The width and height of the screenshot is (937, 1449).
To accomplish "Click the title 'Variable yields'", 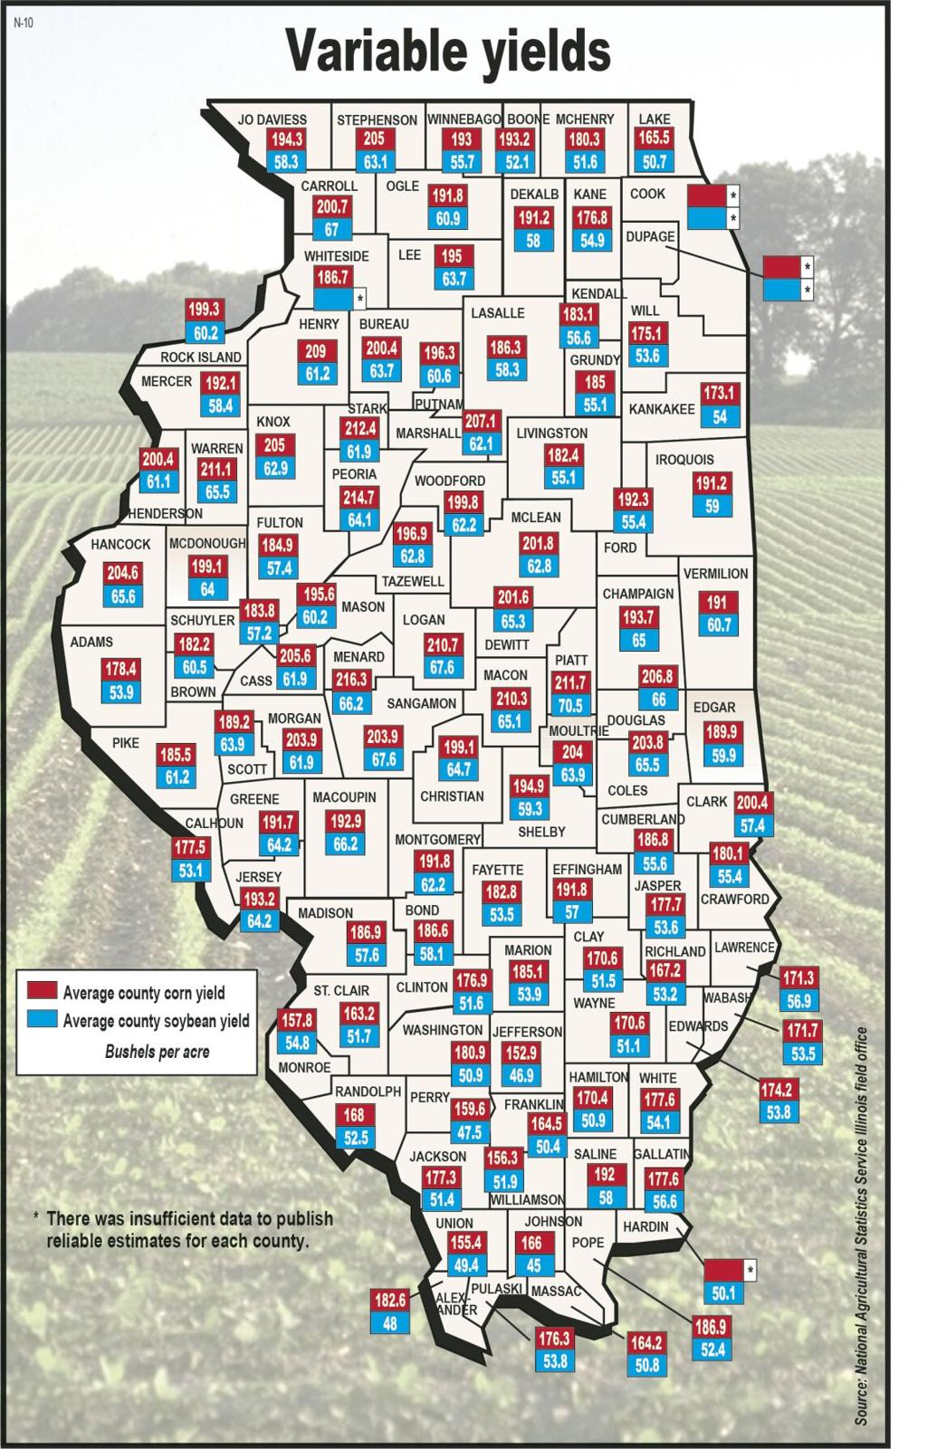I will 449,51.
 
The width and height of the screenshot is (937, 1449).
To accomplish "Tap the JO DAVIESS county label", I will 272,119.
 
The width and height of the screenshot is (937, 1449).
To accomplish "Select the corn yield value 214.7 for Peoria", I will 359,497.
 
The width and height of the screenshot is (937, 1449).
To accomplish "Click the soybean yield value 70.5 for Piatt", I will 570,705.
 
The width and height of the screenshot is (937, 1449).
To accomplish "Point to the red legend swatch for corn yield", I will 42,991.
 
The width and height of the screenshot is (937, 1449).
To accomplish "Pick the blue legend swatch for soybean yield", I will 42,1019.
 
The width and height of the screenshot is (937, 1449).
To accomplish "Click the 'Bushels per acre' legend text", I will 157,1052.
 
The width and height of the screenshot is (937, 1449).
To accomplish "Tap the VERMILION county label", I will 715,574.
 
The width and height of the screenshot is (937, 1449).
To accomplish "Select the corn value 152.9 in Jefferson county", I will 521,1053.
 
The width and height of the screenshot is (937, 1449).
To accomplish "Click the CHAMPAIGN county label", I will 638,594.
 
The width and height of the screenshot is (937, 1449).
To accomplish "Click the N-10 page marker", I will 24,23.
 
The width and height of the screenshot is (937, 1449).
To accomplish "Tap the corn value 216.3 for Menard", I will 351,679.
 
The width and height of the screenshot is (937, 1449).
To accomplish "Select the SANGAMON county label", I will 421,703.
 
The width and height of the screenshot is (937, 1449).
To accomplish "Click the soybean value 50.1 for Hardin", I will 723,1293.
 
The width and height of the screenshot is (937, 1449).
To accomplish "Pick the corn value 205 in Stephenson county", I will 375,138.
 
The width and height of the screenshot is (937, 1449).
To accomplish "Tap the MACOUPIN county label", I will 344,797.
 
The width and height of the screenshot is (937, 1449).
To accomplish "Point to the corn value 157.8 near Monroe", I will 297,1020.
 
